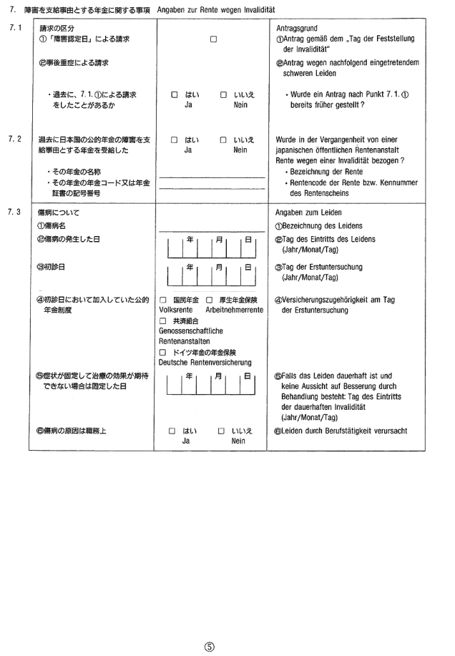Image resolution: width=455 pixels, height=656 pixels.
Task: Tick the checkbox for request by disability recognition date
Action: point(213,39)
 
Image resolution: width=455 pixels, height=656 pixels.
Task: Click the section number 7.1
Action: point(16,27)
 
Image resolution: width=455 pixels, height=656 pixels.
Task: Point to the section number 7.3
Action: point(16,212)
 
